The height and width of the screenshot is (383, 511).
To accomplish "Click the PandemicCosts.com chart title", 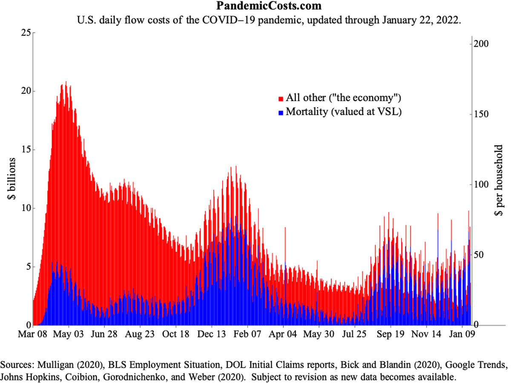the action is (x=269, y=6).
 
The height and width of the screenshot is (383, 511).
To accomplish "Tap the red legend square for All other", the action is (x=281, y=99).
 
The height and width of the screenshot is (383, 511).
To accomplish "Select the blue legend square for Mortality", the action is (x=281, y=113).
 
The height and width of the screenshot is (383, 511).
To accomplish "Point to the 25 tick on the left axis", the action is (x=26, y=33).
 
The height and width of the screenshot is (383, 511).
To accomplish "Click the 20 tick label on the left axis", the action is (x=26, y=91).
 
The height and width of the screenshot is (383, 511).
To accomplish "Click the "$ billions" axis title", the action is (x=11, y=179).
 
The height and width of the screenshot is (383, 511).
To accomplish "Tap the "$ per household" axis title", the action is (x=499, y=180).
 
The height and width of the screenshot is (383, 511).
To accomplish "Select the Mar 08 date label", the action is (x=33, y=334).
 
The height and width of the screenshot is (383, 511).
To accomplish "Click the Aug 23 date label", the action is (x=140, y=334).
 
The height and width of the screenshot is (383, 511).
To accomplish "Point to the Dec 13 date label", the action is (x=212, y=334).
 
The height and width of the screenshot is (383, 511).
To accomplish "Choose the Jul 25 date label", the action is (x=354, y=334).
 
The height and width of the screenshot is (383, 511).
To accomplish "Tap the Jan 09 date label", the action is (x=462, y=334).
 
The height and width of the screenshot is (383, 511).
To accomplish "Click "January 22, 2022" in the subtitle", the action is (x=422, y=20).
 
